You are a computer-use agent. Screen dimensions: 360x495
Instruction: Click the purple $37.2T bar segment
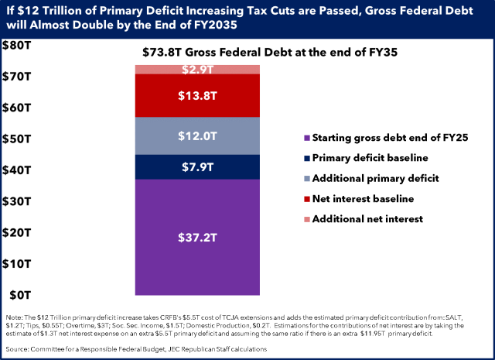tap(197, 236)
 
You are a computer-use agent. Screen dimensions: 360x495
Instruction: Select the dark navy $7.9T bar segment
tap(197, 167)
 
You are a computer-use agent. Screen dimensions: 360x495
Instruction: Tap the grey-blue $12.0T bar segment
tap(197, 136)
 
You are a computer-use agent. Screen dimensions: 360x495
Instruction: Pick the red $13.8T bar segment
tap(197, 96)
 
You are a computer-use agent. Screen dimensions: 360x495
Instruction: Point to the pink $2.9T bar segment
tap(197, 70)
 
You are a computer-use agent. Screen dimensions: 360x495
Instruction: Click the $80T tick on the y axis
tap(16, 45)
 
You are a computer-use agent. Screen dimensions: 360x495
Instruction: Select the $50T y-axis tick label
tap(16, 139)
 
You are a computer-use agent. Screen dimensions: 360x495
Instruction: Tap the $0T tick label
tap(16, 294)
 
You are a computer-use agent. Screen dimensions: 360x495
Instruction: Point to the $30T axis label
tap(16, 201)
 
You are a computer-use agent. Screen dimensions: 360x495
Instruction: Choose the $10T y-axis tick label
tap(16, 263)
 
